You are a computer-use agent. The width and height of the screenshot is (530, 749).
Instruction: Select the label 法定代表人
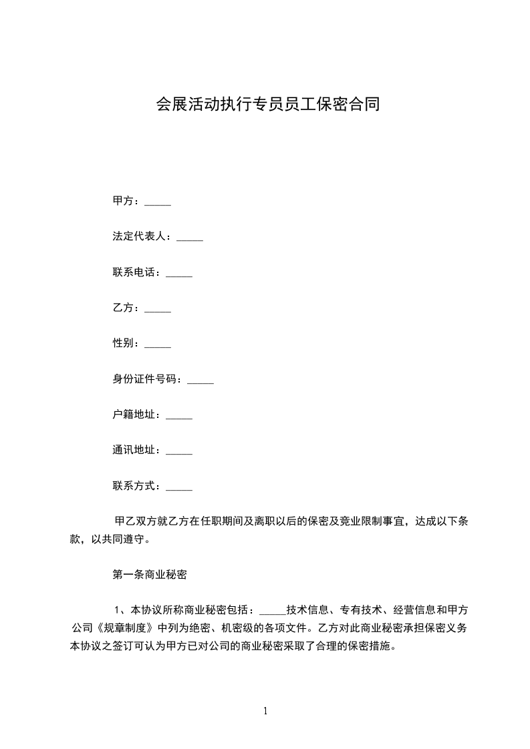140,236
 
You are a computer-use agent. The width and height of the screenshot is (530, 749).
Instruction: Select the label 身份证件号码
145,379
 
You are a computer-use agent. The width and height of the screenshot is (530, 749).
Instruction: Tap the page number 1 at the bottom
265,711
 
